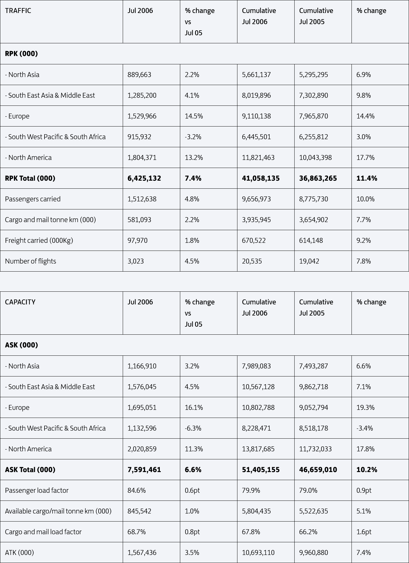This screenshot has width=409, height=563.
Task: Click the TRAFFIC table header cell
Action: pyautogui.click(x=18, y=11)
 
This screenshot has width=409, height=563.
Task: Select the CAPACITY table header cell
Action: pyautogui.click(x=20, y=302)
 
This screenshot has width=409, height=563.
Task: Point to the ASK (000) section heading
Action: pyautogui.click(x=21, y=345)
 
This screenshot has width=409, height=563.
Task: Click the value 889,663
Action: pyautogui.click(x=139, y=75)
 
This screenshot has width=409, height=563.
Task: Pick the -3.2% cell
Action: pyautogui.click(x=193, y=137)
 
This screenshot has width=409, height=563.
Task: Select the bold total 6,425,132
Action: pyautogui.click(x=144, y=178)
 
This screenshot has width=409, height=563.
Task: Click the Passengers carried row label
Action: pyautogui.click(x=33, y=199)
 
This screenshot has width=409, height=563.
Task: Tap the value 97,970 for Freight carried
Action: pyautogui.click(x=138, y=241)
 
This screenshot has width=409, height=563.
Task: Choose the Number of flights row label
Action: pyautogui.click(x=31, y=261)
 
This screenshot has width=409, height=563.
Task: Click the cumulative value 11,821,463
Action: pyautogui.click(x=258, y=158)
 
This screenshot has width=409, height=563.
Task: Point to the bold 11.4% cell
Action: pyautogui.click(x=367, y=178)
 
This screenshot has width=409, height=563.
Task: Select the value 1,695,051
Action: pyautogui.click(x=142, y=408)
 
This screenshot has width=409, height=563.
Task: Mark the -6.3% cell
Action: pyautogui.click(x=193, y=428)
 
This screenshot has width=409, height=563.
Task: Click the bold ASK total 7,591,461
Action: pyautogui.click(x=144, y=470)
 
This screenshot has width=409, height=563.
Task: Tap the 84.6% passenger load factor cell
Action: pyautogui.click(x=137, y=491)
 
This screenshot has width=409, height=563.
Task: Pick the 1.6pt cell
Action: pyautogui.click(x=364, y=532)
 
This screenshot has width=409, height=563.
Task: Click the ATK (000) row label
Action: pyautogui.click(x=19, y=553)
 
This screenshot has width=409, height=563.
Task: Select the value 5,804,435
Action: pyautogui.click(x=256, y=511)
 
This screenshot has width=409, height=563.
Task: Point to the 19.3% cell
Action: pyautogui.click(x=365, y=408)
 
